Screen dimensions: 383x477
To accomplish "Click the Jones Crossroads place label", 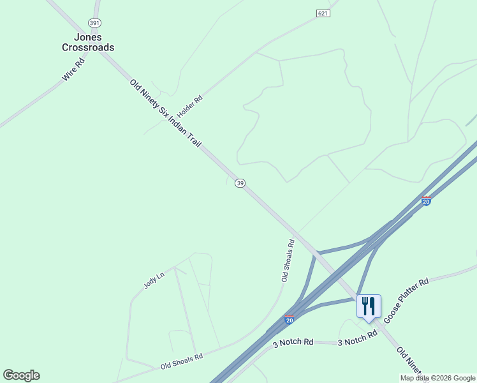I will point(88,42).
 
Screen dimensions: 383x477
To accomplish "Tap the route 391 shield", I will point(94,22).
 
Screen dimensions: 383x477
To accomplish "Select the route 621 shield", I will point(323,13).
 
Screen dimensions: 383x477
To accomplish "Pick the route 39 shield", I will point(240,183).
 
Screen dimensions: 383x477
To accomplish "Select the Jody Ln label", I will point(154,280).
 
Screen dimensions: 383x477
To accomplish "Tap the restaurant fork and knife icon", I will point(369,306).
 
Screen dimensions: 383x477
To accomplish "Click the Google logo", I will point(21,375).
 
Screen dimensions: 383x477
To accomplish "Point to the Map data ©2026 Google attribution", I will point(438,378).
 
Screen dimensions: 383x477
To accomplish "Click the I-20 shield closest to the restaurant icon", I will point(290,320).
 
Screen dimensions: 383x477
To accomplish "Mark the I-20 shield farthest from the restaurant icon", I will point(426,201).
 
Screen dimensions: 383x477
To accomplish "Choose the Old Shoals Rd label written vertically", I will point(288,260).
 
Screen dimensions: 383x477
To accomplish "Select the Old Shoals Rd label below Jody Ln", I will point(181,361).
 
